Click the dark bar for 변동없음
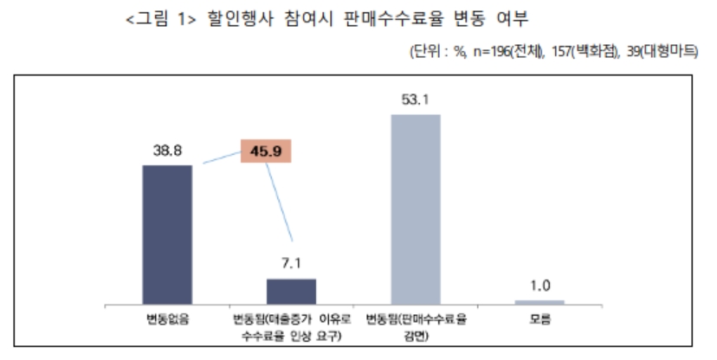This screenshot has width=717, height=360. click(167, 234)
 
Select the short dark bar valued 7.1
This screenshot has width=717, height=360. click(291, 291)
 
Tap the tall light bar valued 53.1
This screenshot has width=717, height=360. click(416, 208)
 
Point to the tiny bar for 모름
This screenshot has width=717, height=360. click(539, 302)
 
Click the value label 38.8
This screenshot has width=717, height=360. click(166, 151)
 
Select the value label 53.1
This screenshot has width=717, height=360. click(416, 99)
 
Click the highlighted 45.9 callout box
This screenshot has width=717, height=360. click(267, 151)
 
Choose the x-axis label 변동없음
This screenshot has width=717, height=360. click(167, 319)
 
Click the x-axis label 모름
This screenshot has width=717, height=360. click(539, 319)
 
